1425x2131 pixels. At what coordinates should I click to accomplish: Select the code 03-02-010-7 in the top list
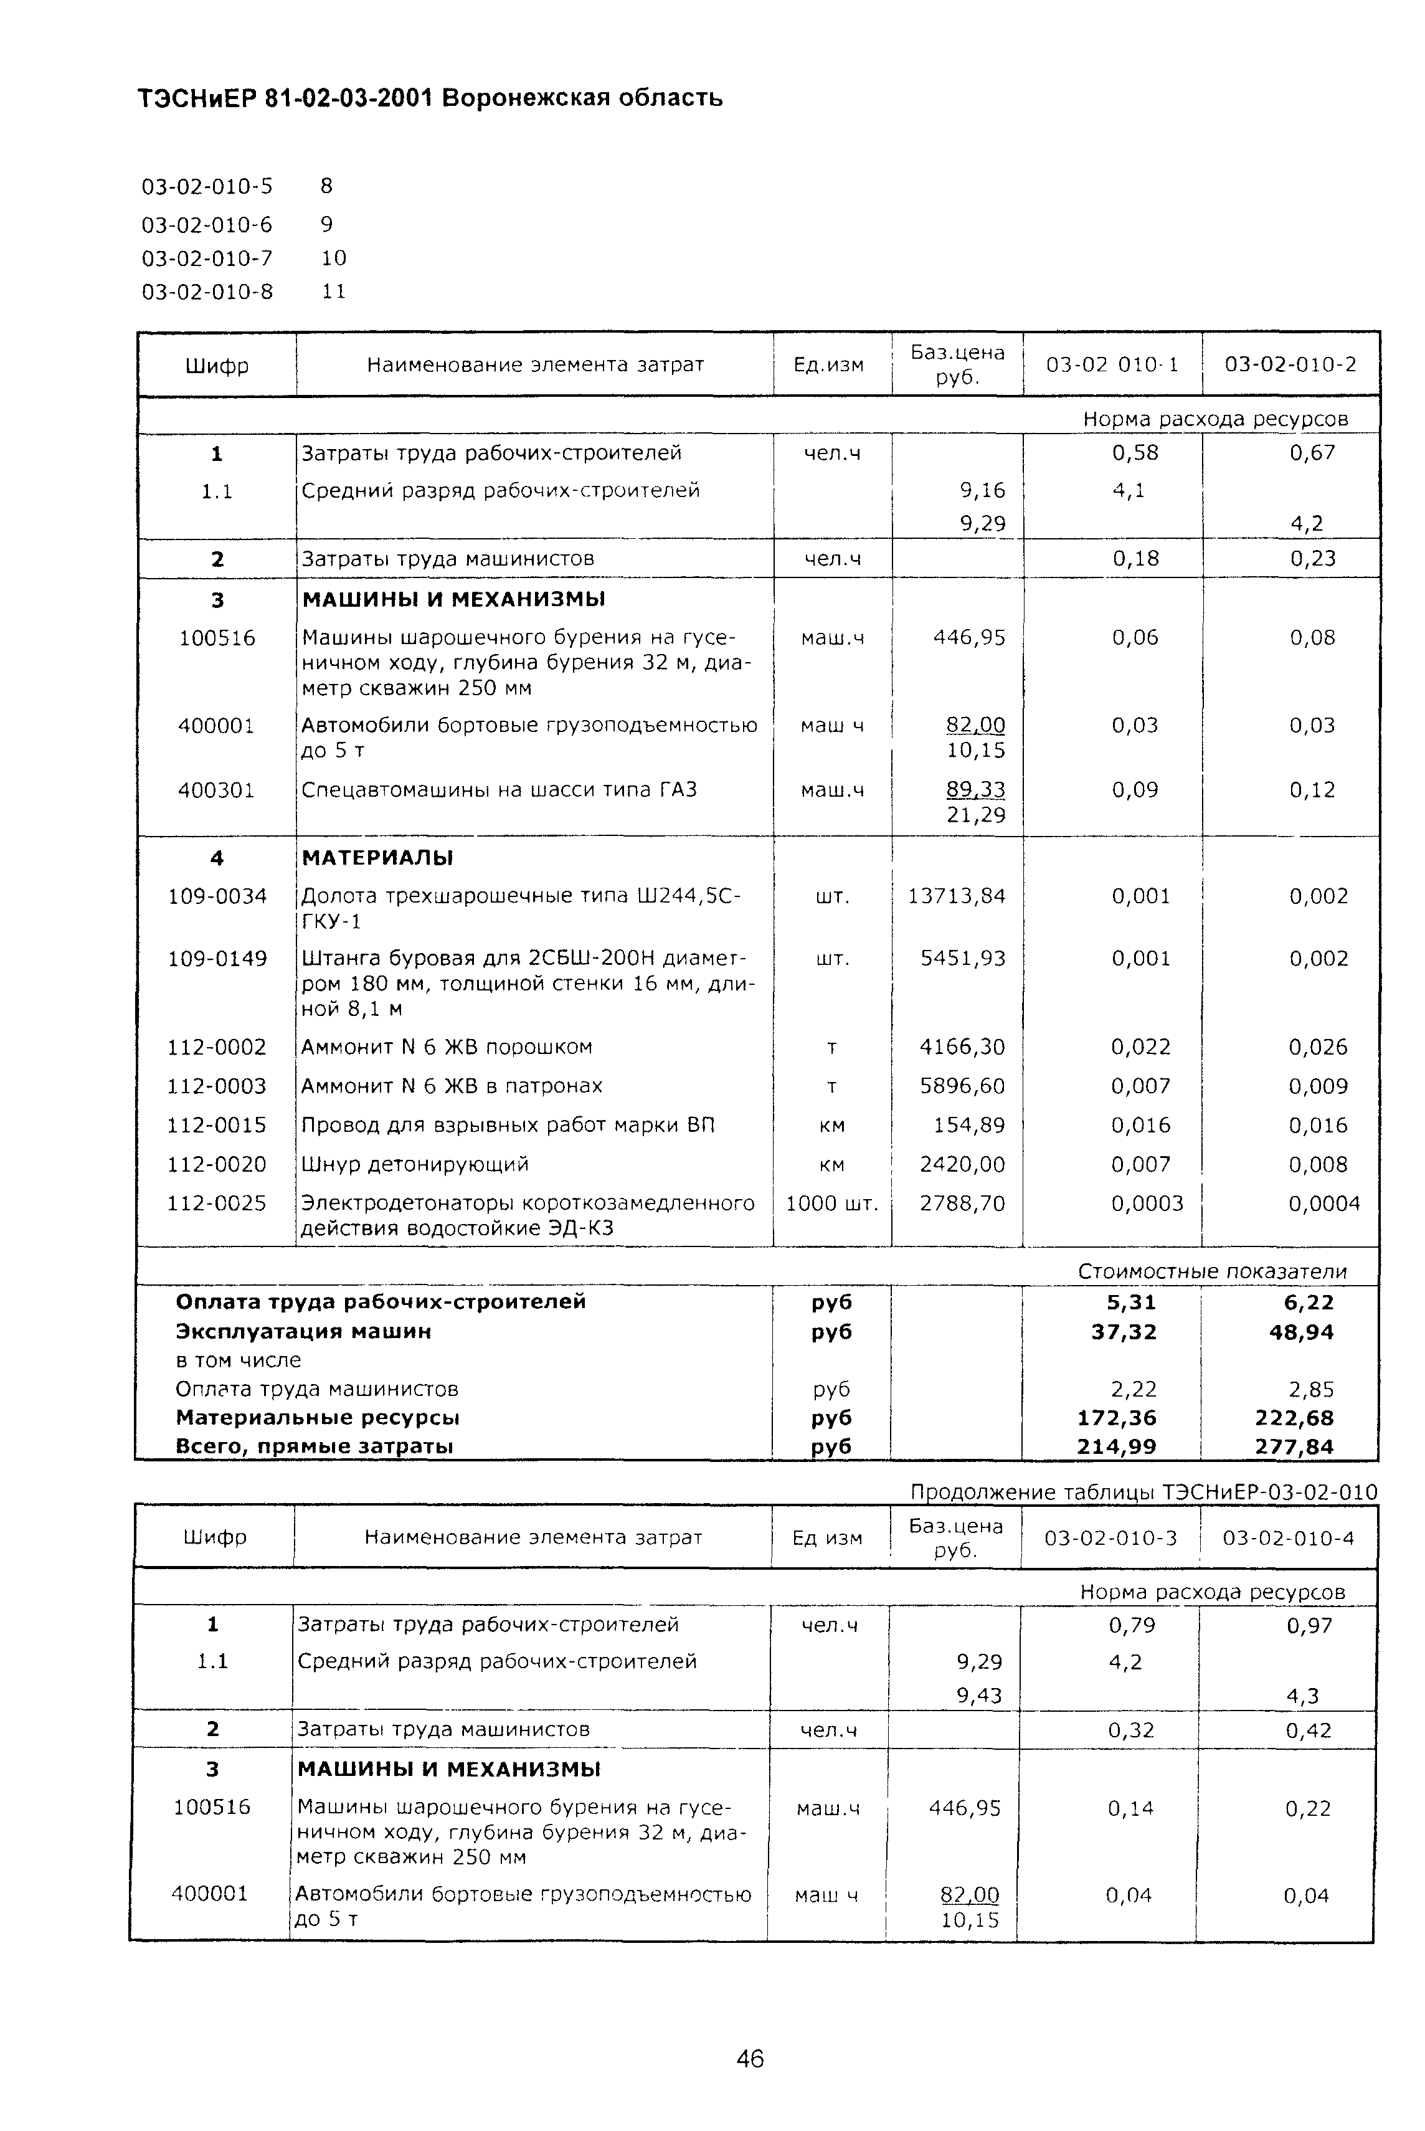(207, 258)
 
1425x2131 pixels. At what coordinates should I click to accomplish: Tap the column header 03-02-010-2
(1290, 364)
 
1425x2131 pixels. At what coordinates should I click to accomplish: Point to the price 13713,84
(957, 896)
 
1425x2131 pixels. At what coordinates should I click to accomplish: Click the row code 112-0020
(217, 1164)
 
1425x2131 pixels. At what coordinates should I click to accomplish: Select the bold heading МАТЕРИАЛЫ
(377, 858)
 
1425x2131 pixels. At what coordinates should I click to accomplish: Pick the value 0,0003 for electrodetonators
(1147, 1203)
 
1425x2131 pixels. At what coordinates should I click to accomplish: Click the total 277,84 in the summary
(1294, 1446)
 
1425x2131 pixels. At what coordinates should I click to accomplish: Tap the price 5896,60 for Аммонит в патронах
(962, 1086)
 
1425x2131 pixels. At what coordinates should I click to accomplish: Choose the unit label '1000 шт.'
(831, 1203)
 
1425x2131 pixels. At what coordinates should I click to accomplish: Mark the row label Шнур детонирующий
(415, 1164)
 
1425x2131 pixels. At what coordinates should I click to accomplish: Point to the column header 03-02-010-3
(1110, 1537)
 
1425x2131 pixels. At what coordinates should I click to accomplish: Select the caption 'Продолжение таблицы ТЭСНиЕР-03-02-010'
(1143, 1492)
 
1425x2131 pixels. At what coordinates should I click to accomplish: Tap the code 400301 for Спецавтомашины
(216, 790)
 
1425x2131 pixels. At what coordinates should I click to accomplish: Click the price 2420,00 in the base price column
(962, 1164)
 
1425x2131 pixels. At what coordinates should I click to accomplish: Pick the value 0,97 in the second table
(1309, 1625)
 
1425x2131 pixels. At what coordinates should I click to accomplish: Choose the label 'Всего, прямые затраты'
(315, 1446)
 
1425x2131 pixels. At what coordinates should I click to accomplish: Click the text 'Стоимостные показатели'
(1213, 1271)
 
